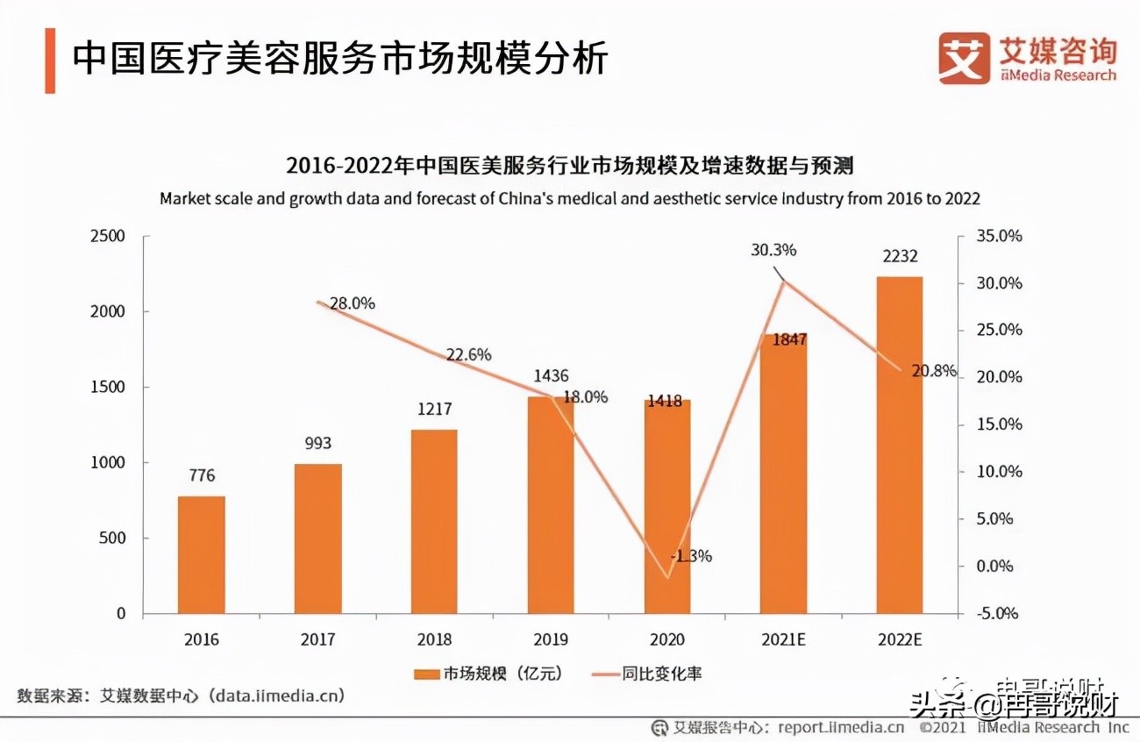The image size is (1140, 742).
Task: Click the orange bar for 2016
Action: pos(202,554)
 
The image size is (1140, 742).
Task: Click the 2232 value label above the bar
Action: pos(900,256)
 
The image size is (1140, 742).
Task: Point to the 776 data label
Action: pos(202,476)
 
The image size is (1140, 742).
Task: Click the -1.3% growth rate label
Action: pos(690,555)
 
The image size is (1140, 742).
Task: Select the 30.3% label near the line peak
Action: pos(773,250)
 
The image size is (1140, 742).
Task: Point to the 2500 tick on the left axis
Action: pos(108,237)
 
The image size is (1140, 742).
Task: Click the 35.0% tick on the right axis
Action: pos(1001,237)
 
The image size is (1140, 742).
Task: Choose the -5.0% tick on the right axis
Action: pos(1001,613)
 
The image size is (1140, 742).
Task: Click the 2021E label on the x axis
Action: pos(783,639)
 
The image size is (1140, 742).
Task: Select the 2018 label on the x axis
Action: pos(434,639)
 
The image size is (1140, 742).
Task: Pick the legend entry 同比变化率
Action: pos(649,674)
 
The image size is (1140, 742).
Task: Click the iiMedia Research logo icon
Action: pos(964,58)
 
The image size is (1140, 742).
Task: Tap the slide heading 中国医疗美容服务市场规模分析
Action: pos(340,60)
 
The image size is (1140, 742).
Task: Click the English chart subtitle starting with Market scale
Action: pos(569,199)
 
